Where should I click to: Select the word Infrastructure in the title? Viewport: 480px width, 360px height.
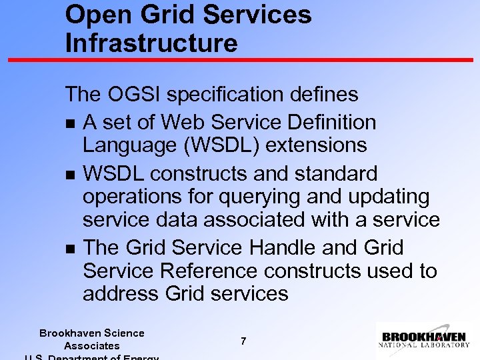click(151, 43)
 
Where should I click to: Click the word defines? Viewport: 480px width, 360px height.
click(328, 95)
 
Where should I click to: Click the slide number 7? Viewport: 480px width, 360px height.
click(243, 341)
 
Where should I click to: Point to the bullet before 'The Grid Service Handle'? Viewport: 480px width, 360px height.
click(70, 249)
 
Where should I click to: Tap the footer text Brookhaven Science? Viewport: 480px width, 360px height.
click(91, 333)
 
